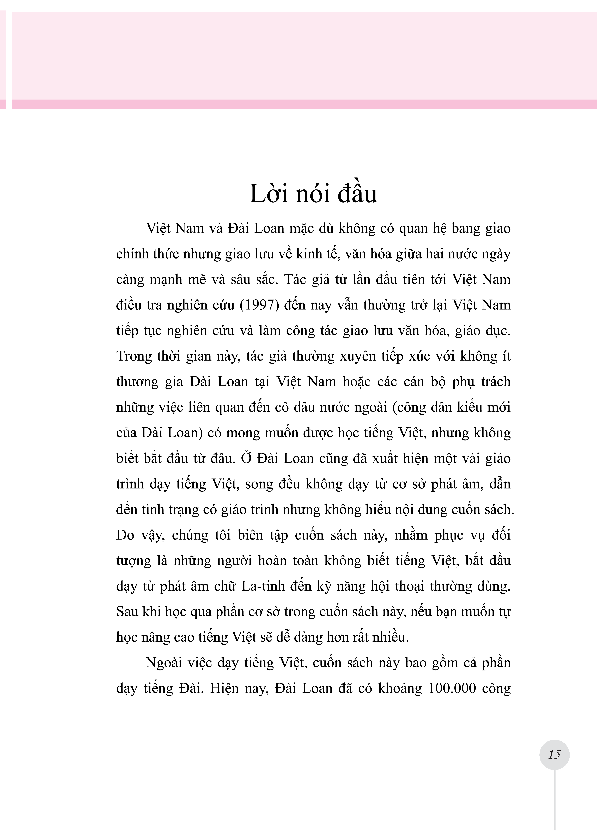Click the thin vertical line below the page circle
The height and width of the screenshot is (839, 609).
pyautogui.click(x=555, y=803)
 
